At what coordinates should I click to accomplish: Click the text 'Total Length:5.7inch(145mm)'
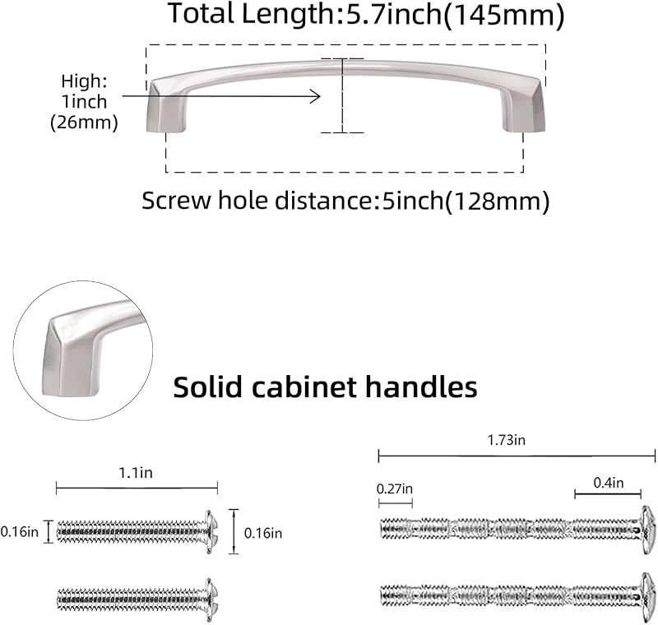(366, 16)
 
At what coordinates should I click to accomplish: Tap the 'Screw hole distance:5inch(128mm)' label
(345, 201)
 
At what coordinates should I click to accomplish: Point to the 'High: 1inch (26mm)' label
(84, 102)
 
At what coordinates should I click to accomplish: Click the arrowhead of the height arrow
(316, 96)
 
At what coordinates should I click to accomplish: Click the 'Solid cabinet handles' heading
(325, 387)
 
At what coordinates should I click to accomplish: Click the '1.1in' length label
(136, 473)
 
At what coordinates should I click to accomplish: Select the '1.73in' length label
(506, 440)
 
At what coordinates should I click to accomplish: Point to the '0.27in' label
(395, 488)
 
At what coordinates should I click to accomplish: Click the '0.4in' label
(608, 483)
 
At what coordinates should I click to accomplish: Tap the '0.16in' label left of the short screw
(19, 532)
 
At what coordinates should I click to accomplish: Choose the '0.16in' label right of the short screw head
(263, 533)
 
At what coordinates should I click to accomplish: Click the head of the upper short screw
(211, 531)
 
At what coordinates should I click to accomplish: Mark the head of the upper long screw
(648, 530)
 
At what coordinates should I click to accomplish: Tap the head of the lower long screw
(648, 597)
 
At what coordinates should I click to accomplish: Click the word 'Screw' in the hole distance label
(176, 201)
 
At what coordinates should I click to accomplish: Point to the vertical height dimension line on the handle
(342, 95)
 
